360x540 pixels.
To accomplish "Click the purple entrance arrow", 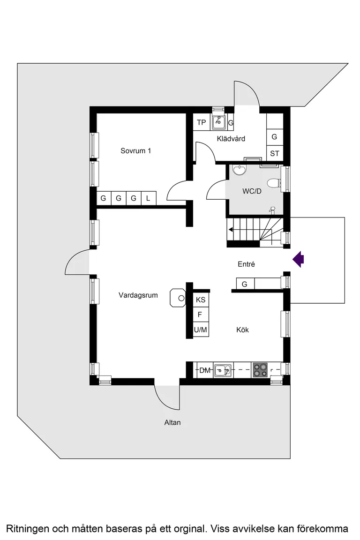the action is [x=298, y=259].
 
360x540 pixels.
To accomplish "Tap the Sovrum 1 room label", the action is [x=136, y=150].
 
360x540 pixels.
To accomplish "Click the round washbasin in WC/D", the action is [x=240, y=170].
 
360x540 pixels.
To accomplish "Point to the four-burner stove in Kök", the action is [x=260, y=370].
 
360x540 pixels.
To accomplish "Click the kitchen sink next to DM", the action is [x=223, y=370].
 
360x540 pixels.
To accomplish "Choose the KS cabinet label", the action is [x=201, y=300].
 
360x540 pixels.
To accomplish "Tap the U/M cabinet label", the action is [x=201, y=330].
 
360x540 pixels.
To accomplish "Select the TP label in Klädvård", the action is [x=201, y=122].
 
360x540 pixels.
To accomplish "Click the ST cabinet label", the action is [x=275, y=153].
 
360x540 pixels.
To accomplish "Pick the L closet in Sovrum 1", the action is [x=148, y=198].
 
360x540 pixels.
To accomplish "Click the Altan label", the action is [x=172, y=422].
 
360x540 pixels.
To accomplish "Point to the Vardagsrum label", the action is [x=138, y=295].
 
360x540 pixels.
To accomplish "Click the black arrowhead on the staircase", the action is [x=231, y=230].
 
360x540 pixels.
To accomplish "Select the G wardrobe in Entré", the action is [x=245, y=284].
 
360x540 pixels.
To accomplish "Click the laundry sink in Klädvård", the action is [x=218, y=121].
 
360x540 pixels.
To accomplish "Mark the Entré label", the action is [x=246, y=264].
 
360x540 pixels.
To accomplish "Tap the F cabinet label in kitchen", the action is [x=200, y=315].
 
